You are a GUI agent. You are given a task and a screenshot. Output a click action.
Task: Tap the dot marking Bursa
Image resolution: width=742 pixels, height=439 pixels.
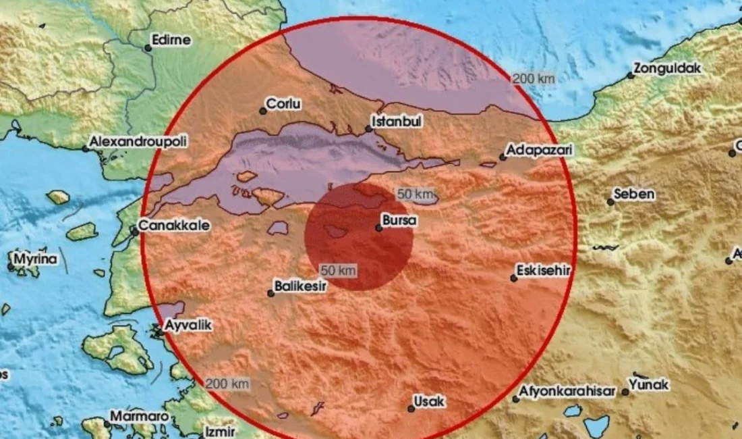(379, 228)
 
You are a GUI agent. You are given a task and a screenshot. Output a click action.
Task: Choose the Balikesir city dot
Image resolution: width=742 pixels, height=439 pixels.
(271, 293)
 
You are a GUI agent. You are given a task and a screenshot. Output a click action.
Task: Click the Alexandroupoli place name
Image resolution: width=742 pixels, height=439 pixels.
(139, 142)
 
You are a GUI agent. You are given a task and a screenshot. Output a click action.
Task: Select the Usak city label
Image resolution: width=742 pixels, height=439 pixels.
(430, 402)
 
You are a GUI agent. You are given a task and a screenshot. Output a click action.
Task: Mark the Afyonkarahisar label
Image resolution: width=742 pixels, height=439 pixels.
(567, 392)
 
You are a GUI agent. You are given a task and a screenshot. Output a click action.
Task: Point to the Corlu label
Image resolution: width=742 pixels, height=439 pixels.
(283, 105)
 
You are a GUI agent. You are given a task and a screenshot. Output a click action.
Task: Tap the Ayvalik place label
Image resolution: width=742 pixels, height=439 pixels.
(189, 326)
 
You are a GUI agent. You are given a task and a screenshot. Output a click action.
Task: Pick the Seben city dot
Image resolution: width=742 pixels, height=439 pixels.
(611, 201)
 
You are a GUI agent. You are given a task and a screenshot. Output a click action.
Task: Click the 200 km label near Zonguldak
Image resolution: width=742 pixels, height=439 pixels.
(534, 79)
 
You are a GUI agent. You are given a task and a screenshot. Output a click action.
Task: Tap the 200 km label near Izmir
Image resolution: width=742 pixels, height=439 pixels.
(228, 384)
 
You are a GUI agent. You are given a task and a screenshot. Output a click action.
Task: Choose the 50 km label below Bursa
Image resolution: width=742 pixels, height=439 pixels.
(338, 270)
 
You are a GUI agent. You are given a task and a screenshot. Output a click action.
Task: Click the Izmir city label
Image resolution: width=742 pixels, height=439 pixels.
(221, 432)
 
